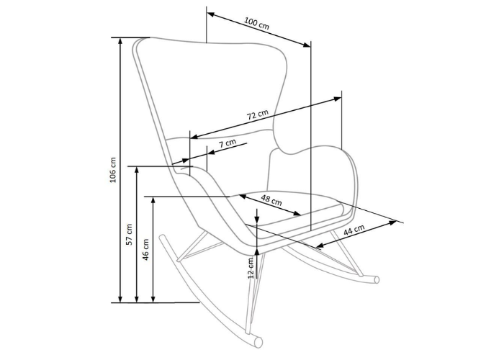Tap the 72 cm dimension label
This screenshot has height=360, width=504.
point(258,114)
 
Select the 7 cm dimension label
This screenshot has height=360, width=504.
point(228,143)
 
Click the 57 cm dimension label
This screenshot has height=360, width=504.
point(130,235)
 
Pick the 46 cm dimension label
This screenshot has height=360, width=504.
point(146,249)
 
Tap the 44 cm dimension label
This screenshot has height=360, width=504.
point(354,231)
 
